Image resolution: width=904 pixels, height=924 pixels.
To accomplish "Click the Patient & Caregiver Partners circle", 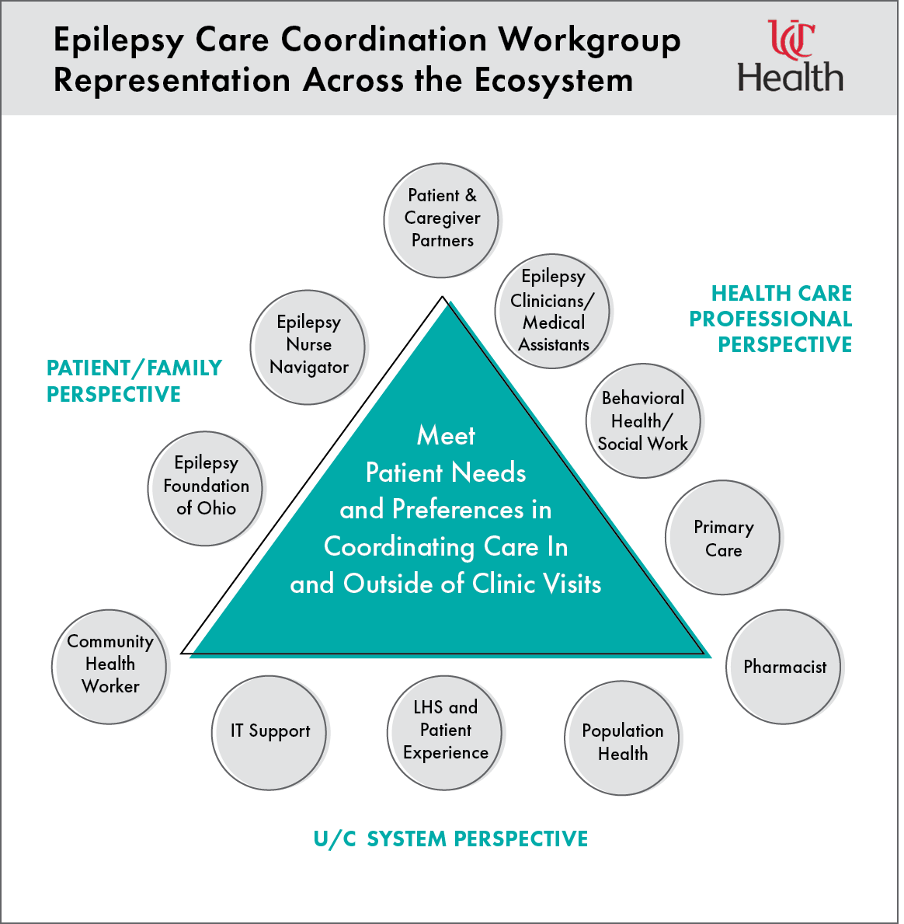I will pos(441,220).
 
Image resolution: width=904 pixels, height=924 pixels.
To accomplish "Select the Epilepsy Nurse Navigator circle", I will pos(308,347).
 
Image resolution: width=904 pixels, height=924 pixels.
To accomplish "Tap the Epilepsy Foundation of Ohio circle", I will pos(206,488).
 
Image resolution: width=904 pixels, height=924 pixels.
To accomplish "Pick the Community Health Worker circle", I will pos(110,666).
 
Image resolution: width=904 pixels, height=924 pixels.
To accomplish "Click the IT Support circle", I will pos(269,732).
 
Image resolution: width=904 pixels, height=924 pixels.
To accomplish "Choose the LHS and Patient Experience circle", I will pos(445,731).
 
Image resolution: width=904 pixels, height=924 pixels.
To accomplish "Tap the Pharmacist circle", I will pos(784,667).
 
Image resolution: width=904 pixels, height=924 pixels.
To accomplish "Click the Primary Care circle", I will pos(723,538).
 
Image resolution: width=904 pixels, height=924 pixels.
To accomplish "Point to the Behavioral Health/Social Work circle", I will pos(643,420).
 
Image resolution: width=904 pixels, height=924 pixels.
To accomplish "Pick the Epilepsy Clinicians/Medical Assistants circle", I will pos(553,311).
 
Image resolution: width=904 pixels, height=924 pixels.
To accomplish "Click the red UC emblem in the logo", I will pos(791,39).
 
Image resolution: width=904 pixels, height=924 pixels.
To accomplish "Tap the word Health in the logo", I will pos(790,78).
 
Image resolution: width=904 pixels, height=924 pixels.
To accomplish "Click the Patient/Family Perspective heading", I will pos(134,381).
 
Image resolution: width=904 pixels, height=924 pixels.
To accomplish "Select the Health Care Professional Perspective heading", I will pos(771,319).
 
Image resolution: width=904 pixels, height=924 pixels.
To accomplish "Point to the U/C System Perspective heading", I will pos(450,839).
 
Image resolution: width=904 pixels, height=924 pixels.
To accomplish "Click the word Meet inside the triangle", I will pos(446,436).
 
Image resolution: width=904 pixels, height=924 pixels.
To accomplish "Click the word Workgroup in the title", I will pos(589,40).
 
